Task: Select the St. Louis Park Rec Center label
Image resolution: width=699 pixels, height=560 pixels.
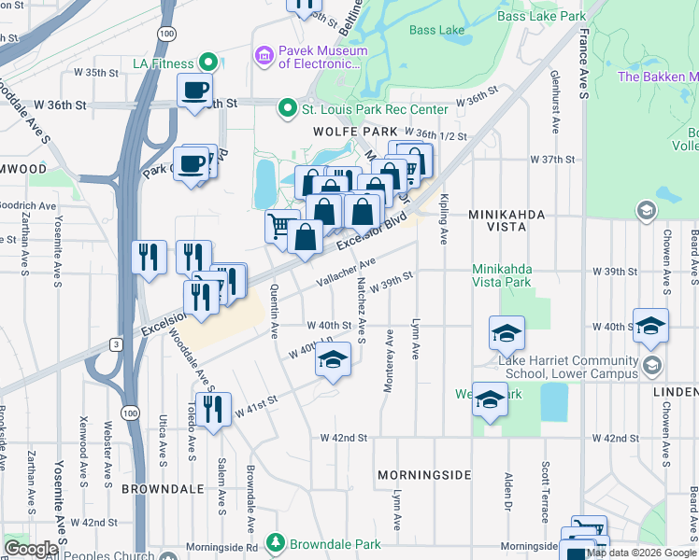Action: (x=374, y=109)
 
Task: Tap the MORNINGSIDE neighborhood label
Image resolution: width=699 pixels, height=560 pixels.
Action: (x=424, y=475)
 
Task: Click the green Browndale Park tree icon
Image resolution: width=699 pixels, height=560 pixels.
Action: (x=275, y=542)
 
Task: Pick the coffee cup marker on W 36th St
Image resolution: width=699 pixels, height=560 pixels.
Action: (x=195, y=91)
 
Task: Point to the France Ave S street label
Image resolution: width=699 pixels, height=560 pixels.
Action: (x=583, y=65)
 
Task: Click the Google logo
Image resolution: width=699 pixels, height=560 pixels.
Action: (x=31, y=549)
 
